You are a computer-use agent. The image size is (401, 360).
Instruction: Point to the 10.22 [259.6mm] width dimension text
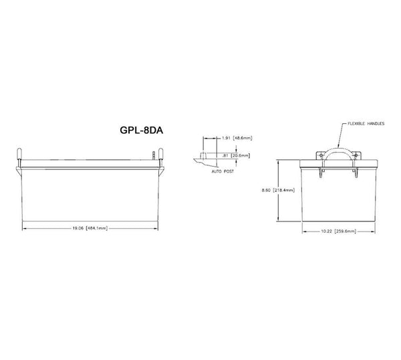340,232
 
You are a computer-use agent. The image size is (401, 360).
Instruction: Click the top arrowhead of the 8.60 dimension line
279,162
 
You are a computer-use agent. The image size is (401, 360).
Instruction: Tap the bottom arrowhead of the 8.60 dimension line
279,219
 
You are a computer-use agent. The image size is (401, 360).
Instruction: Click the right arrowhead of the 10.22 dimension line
377,232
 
